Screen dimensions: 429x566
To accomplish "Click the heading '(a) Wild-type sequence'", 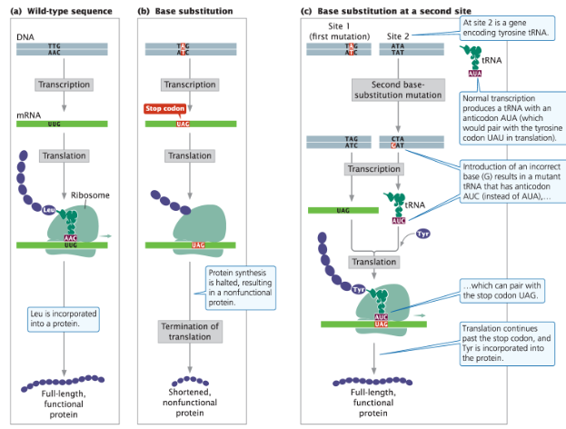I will (x=60, y=10).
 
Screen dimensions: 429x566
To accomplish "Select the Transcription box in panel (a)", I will (x=64, y=85).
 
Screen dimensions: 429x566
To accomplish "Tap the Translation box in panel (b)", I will (x=189, y=155).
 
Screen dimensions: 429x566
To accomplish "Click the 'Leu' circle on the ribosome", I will (x=51, y=210).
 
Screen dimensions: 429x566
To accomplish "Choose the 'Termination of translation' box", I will (x=189, y=332).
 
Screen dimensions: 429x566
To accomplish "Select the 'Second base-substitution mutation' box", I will (x=397, y=90).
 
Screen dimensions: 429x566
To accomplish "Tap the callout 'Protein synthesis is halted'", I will (x=239, y=288).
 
